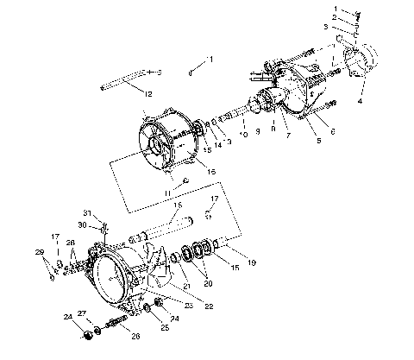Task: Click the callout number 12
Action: pos(148,93)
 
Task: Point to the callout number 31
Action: pos(88,213)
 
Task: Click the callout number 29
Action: pos(39,251)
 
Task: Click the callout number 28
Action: pos(72,243)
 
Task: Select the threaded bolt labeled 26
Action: pos(115,326)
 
